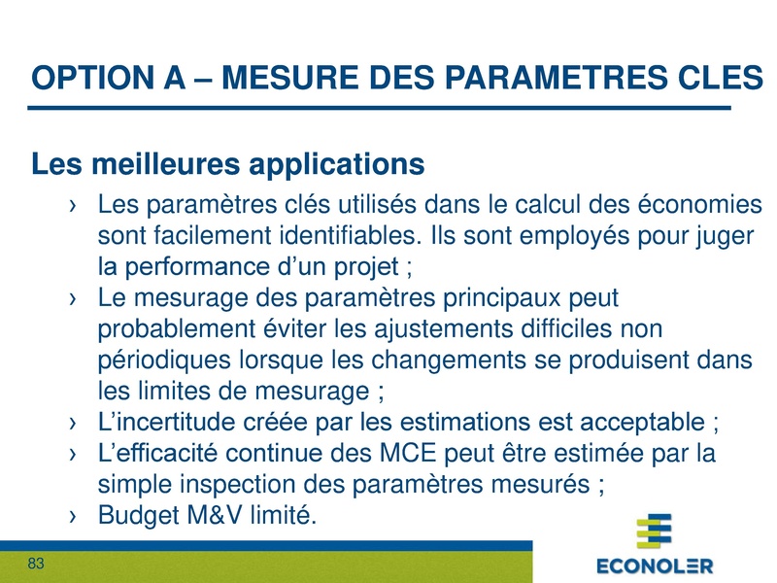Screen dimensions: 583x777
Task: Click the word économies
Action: click(x=697, y=206)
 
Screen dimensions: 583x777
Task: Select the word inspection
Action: click(x=233, y=484)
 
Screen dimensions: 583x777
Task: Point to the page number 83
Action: click(x=38, y=564)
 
